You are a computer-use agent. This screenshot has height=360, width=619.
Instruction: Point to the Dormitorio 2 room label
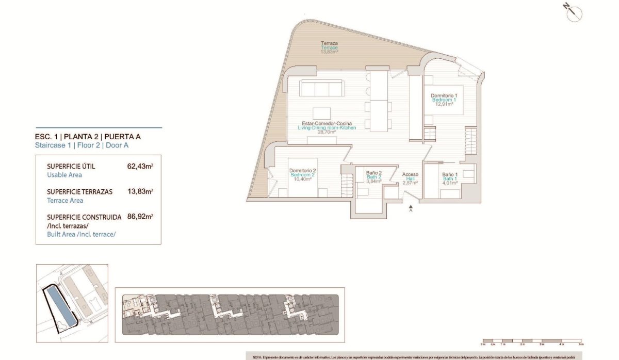tap(302, 171)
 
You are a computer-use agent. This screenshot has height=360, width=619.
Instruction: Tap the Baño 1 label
tap(450, 174)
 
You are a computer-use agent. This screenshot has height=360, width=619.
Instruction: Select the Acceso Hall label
tap(410, 174)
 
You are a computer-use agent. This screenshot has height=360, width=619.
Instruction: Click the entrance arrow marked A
tap(411, 207)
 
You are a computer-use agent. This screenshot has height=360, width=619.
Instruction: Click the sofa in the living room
tap(323, 88)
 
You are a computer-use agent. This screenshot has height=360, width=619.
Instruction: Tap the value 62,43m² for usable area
tap(139, 167)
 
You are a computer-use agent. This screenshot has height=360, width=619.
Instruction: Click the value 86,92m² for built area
tap(139, 217)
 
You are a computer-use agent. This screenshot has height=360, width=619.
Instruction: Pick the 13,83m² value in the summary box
tap(139, 192)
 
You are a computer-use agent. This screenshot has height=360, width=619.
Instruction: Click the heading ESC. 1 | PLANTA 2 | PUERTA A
tap(88, 137)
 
